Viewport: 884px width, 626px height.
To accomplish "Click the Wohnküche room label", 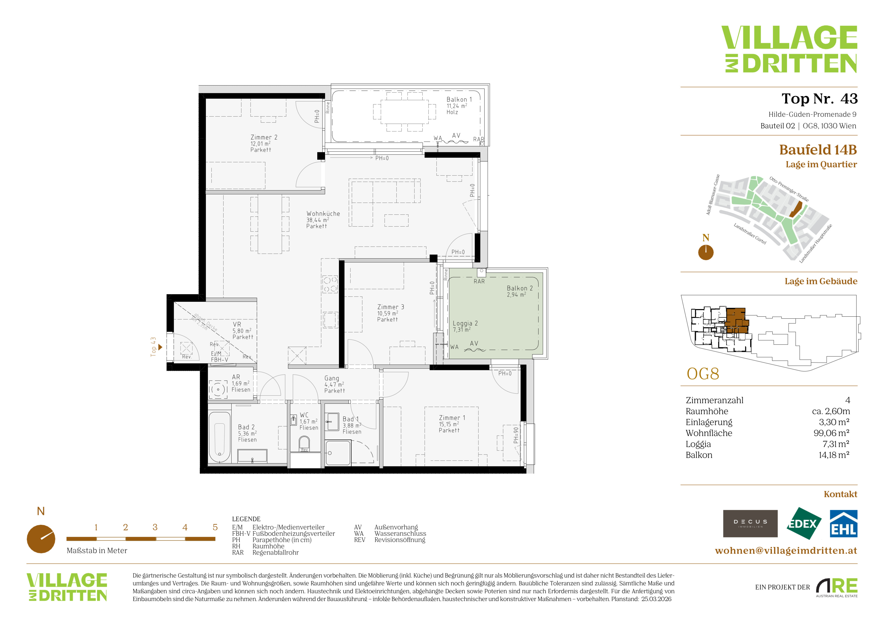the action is click(323, 213).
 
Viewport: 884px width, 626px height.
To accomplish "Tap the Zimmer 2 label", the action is click(264, 137).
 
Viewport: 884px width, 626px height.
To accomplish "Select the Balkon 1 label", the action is click(459, 99).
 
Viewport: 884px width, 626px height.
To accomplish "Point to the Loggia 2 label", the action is click(465, 323).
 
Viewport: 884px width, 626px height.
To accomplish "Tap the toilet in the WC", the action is click(304, 444).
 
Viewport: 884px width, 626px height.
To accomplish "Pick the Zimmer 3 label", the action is click(390, 307).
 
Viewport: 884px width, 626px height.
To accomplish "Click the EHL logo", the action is click(843, 524).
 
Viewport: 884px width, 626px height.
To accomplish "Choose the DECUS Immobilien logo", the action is click(750, 524).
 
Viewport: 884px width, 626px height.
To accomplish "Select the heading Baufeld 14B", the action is click(818, 149).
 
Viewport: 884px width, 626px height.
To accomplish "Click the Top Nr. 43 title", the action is click(819, 99).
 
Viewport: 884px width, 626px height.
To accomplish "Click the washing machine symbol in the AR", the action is click(218, 389).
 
